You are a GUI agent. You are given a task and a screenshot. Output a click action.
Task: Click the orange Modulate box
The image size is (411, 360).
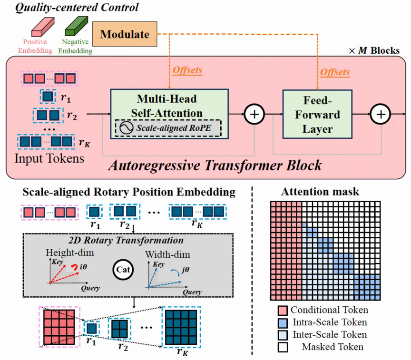(x=125, y=34)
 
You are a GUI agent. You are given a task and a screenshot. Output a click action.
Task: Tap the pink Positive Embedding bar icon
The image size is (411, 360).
(x=43, y=27)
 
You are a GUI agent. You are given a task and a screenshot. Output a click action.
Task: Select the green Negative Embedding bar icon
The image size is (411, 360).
(x=76, y=26)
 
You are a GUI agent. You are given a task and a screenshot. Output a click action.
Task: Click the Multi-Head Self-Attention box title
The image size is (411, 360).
(x=167, y=106)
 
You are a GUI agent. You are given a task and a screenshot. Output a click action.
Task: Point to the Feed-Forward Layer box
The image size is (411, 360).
(x=317, y=114)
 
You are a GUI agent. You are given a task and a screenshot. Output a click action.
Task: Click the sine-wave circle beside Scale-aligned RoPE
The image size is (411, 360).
(x=127, y=128)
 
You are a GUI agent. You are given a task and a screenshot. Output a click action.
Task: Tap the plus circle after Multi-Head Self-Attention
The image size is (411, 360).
(x=254, y=114)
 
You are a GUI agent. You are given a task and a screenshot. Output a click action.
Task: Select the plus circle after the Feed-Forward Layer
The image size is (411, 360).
(x=381, y=114)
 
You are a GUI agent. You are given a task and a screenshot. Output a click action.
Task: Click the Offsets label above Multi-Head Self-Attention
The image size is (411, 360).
(x=187, y=70)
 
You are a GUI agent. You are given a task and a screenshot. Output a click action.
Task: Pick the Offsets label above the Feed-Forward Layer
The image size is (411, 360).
(x=335, y=72)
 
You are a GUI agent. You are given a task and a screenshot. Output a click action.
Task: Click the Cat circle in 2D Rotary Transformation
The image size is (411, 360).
(x=123, y=270)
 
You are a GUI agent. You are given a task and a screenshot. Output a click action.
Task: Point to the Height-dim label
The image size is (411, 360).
(x=70, y=253)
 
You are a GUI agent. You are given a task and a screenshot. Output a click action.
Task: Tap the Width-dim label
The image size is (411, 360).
(x=167, y=254)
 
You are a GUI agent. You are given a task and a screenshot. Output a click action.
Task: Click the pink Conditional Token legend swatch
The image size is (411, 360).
(x=283, y=311)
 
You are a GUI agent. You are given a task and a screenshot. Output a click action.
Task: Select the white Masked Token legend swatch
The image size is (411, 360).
(x=283, y=347)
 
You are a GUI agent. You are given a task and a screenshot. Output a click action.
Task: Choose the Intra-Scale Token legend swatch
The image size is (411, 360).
(x=283, y=323)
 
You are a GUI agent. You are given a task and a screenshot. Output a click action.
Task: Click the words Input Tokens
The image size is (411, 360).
(x=49, y=158)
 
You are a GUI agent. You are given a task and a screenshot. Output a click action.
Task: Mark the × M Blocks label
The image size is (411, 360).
(x=374, y=50)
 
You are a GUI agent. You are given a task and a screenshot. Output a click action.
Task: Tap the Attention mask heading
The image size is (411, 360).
(x=320, y=192)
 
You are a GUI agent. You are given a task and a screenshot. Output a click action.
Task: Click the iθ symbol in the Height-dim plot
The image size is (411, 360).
(x=83, y=267)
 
